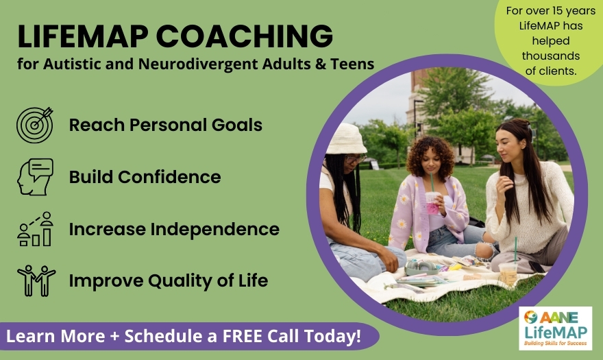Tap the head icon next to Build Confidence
(x=35, y=176)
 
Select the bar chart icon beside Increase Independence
(x=35, y=229)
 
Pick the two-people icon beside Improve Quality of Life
(x=36, y=280)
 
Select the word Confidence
(x=170, y=177)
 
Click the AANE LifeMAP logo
(x=555, y=328)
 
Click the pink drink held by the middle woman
(x=432, y=202)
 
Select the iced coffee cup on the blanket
(x=508, y=272)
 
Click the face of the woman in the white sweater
(x=507, y=146)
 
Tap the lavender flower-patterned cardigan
(x=418, y=213)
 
